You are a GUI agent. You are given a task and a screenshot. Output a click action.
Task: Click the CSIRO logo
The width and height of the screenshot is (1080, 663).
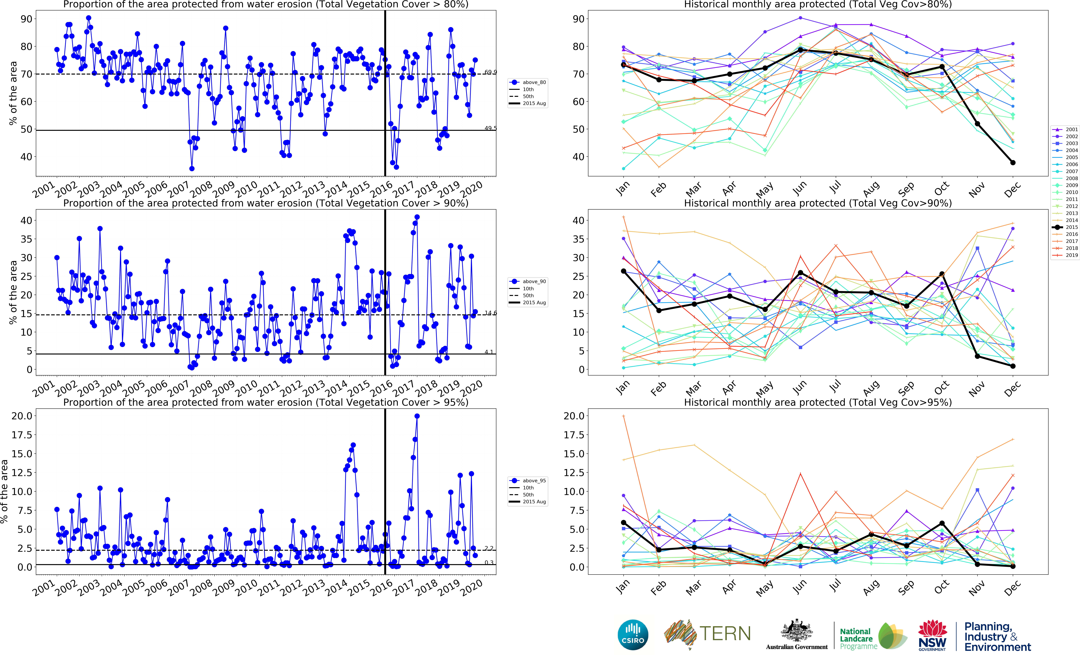click(x=633, y=635)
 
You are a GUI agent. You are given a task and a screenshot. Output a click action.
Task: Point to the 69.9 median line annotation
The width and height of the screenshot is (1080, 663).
click(x=490, y=72)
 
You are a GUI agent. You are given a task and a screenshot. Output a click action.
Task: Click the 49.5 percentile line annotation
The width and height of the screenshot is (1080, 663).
click(x=490, y=128)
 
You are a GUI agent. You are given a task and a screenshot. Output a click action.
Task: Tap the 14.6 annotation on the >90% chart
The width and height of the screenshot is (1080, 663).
click(x=490, y=313)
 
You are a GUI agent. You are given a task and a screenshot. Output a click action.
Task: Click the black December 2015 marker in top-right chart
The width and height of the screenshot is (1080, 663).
click(x=1013, y=163)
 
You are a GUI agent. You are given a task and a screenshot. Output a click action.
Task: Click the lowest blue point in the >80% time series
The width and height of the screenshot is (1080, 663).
click(x=192, y=168)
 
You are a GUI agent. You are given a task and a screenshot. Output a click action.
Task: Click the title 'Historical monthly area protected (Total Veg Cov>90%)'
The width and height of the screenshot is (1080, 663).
click(x=818, y=203)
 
